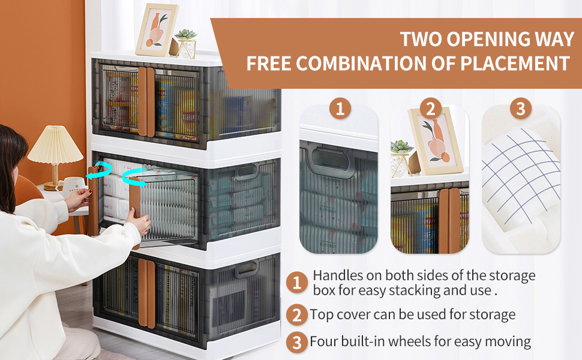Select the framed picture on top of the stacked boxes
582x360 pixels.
click(156, 30)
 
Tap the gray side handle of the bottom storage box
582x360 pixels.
click(246, 269)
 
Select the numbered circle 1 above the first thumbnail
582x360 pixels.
click(340, 109)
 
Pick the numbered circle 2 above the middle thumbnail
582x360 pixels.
click(430, 109)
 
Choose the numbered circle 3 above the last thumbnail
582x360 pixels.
click(520, 109)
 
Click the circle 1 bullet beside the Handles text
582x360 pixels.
click(296, 282)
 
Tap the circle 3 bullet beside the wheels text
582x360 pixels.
click(296, 342)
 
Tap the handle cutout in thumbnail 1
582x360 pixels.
click(328, 161)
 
